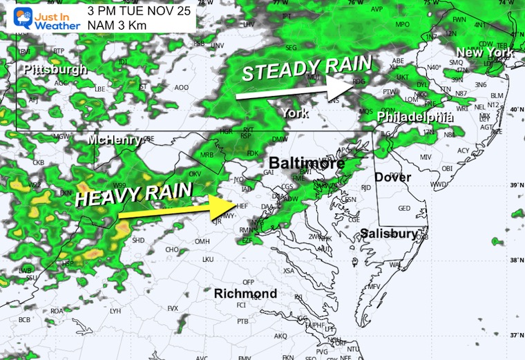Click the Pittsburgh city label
(55, 70)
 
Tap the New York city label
(484, 53)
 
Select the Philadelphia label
(414, 117)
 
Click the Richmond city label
(245, 294)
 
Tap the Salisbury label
(390, 234)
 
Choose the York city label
(294, 112)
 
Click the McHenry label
(115, 140)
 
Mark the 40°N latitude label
(515, 110)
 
